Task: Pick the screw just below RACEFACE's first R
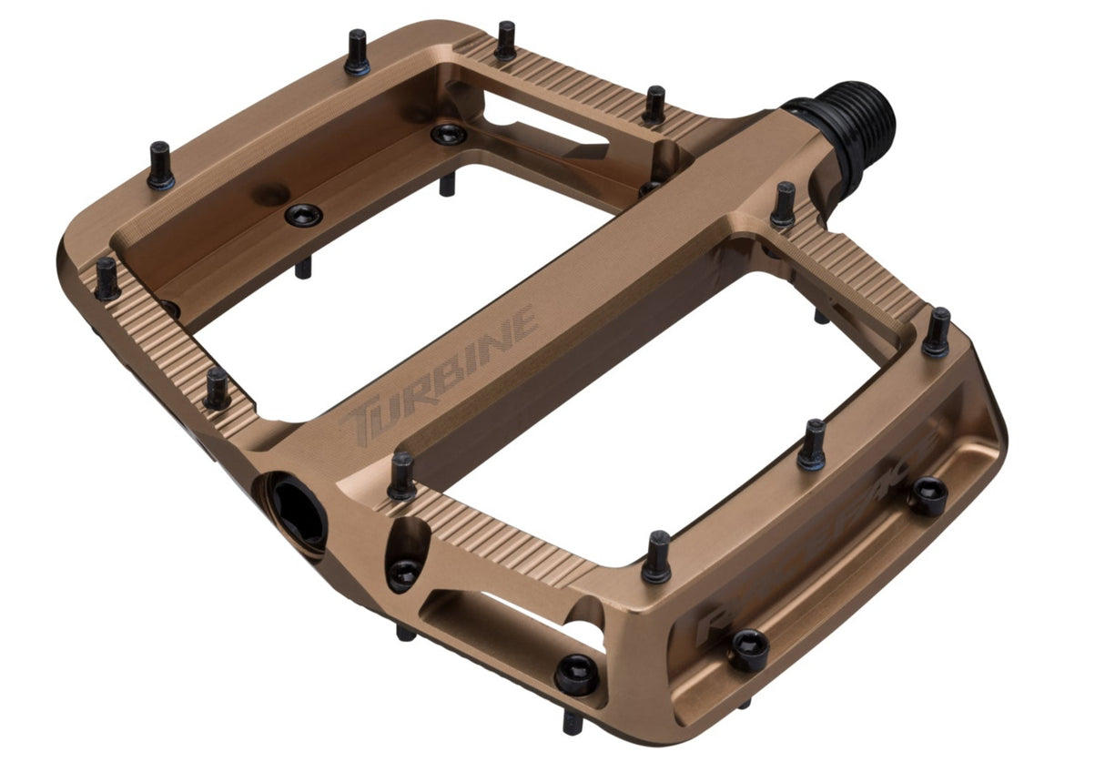point(749,649)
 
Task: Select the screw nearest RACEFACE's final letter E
point(929,495)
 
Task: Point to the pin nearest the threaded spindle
point(783,206)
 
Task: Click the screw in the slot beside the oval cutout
point(577,674)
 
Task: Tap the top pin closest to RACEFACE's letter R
point(656,557)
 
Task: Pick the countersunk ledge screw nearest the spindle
point(449,134)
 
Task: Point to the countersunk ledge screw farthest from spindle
point(303,215)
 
